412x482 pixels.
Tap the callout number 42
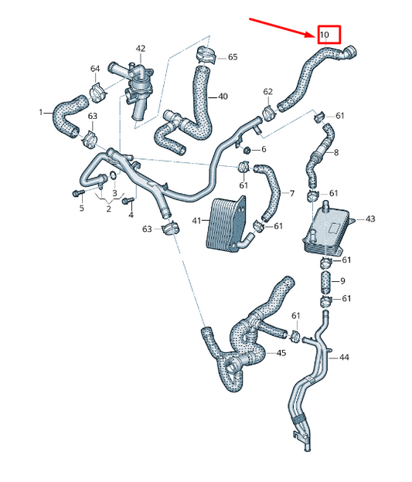pos(140,49)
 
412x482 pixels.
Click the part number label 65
pos(233,57)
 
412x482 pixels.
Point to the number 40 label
pos(223,97)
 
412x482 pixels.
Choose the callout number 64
pos(95,70)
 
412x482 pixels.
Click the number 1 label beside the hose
pos(41,113)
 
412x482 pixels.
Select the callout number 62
pos(268,92)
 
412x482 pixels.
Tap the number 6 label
pos(264,149)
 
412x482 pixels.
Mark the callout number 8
pos(335,153)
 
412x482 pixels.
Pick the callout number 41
pos(196,221)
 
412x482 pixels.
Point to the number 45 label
pos(281,353)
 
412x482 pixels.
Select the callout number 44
pos(343,358)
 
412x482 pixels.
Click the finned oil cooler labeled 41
pos(226,222)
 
